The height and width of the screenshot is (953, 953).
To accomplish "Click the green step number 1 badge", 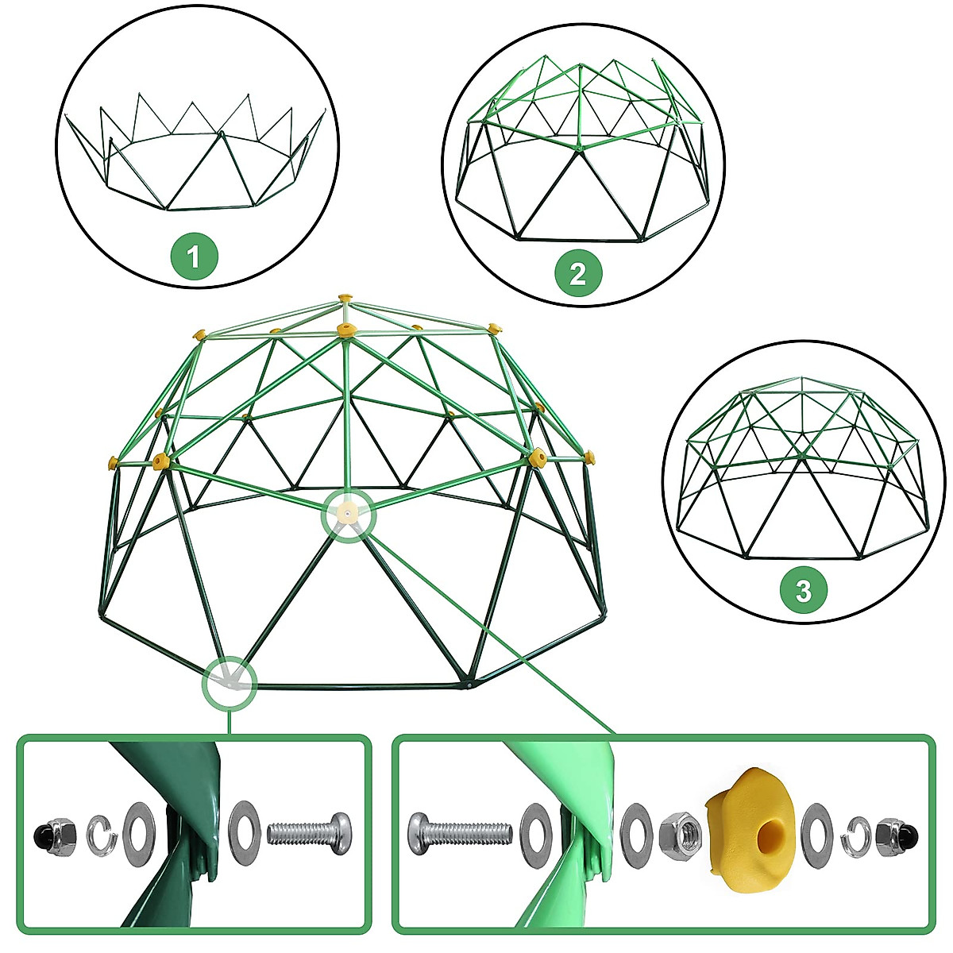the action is tap(194, 257).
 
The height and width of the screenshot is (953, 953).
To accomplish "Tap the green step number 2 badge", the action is tap(578, 274).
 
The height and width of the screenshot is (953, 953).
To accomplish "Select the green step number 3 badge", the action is tap(804, 591).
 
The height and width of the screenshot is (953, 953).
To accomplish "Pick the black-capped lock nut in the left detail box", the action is tap(54, 835).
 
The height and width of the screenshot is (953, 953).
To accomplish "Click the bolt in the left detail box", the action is tap(307, 833).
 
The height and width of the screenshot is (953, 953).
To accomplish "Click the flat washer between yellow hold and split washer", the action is tap(818, 835).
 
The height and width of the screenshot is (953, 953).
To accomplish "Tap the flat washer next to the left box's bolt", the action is tap(244, 832).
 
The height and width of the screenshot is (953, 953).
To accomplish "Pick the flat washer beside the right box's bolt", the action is tap(535, 833).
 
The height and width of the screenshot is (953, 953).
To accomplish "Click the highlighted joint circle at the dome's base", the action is tap(230, 681).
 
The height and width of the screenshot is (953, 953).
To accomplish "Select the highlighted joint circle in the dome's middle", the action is tap(347, 514).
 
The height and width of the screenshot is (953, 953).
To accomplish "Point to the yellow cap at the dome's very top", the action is tap(344, 298).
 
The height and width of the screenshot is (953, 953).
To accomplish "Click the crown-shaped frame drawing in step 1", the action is tap(195, 159).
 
